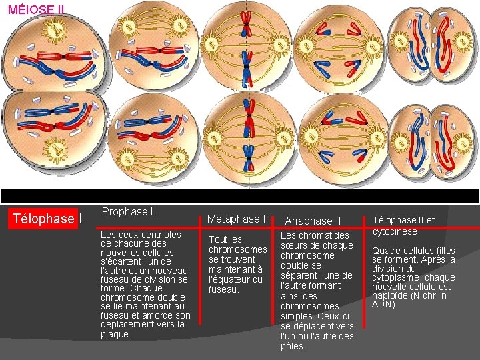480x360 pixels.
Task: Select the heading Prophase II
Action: pos(129,211)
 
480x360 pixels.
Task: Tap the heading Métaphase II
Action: pos(238,219)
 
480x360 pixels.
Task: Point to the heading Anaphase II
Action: pos(313,221)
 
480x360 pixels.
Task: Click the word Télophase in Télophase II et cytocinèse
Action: pos(393,220)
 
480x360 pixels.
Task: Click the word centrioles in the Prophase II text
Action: pos(157,235)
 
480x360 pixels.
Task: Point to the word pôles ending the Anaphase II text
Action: pos(293,346)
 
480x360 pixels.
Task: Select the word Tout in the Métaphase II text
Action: pos(218,239)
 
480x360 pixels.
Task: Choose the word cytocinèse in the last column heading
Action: pos(395,231)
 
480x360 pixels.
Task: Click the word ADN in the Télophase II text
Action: pos(384,304)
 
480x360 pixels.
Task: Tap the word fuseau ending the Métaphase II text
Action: pos(223,289)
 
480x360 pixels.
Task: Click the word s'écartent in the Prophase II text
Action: pos(120,261)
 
